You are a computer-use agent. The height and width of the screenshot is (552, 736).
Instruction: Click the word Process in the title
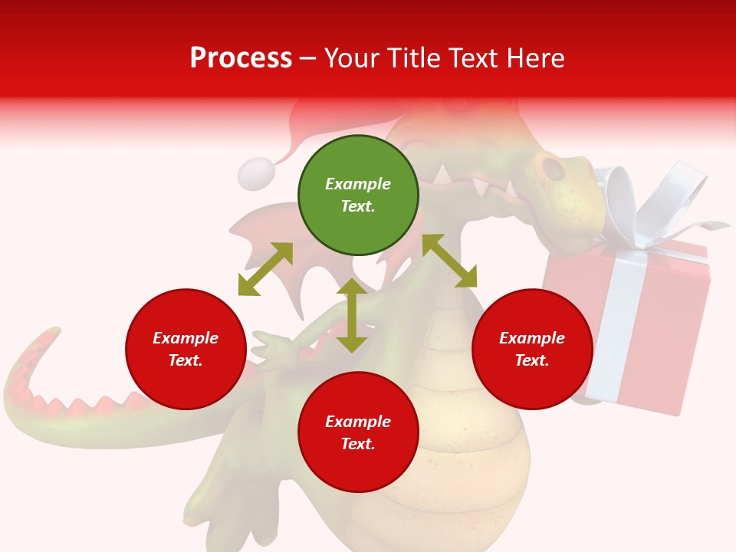[241, 58]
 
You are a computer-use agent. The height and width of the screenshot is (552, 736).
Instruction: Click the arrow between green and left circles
[265, 269]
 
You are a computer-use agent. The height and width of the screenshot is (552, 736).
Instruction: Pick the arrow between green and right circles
[449, 261]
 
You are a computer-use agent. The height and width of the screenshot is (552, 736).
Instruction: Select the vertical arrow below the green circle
[352, 315]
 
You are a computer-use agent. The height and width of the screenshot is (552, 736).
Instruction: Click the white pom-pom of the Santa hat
[256, 174]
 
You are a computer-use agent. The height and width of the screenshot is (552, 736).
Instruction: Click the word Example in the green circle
[358, 184]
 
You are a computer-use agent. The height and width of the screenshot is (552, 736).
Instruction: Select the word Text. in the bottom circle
[358, 444]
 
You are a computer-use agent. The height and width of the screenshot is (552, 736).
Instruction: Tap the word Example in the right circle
[532, 338]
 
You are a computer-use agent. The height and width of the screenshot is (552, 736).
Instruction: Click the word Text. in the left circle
[186, 360]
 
